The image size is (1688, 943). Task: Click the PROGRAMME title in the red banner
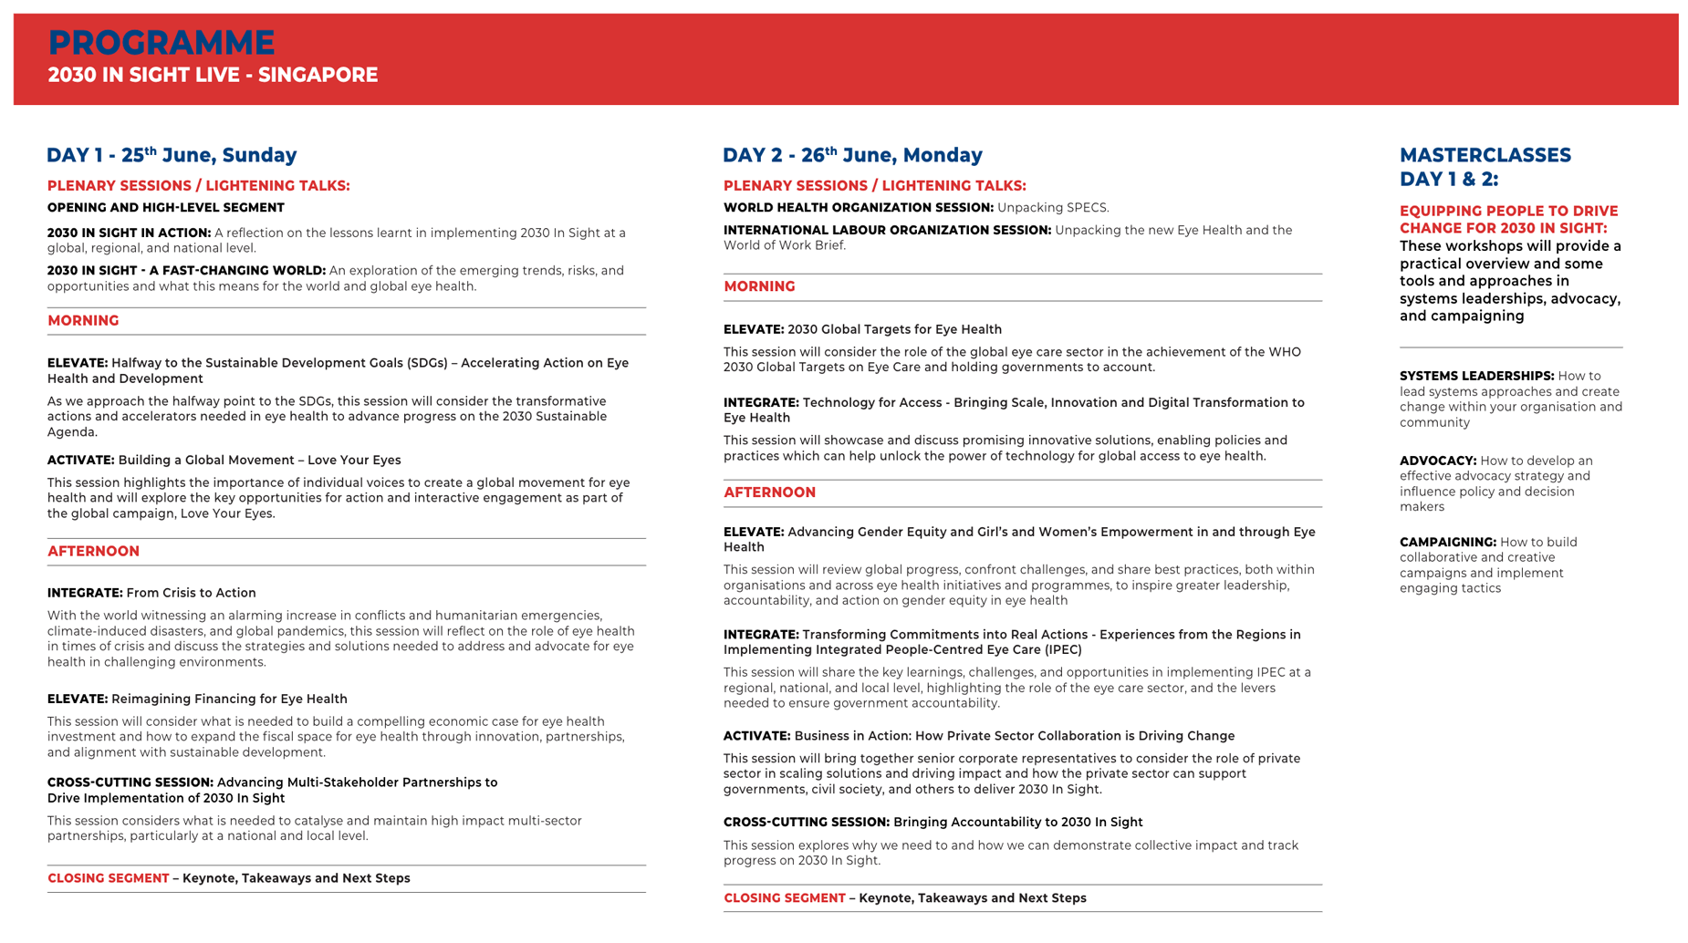pyautogui.click(x=161, y=43)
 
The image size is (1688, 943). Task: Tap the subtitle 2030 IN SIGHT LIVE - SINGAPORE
pyautogui.click(x=213, y=76)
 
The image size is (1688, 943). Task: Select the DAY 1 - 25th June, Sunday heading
pyautogui.click(x=172, y=155)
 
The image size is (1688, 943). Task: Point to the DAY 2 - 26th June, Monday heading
pyautogui.click(x=852, y=155)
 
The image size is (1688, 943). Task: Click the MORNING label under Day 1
pyautogui.click(x=83, y=321)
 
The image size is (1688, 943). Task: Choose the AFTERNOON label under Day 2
pyautogui.click(x=769, y=492)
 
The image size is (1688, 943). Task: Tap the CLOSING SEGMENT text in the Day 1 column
pyautogui.click(x=108, y=878)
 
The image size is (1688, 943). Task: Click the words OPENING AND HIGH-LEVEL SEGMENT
pyautogui.click(x=166, y=208)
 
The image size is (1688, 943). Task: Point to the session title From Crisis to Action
pyautogui.click(x=191, y=593)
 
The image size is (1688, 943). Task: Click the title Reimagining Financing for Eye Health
pyautogui.click(x=229, y=699)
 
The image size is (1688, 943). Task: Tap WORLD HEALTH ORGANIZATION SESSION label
pyautogui.click(x=858, y=208)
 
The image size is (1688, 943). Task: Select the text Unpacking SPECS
pyautogui.click(x=1053, y=208)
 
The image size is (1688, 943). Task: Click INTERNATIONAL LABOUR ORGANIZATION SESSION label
pyautogui.click(x=887, y=231)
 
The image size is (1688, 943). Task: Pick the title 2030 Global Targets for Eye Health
pyautogui.click(x=894, y=329)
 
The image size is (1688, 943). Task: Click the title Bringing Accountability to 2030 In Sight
pyautogui.click(x=1017, y=823)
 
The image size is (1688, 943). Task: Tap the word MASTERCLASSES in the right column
pyautogui.click(x=1485, y=155)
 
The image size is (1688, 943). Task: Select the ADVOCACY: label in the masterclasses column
pyautogui.click(x=1437, y=461)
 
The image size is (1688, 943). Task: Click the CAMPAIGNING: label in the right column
pyautogui.click(x=1447, y=543)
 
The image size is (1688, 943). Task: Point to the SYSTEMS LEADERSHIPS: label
pyautogui.click(x=1476, y=376)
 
